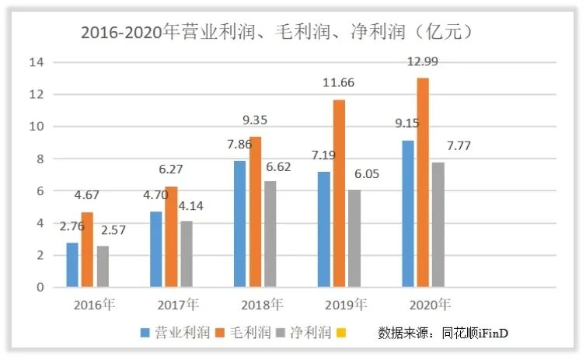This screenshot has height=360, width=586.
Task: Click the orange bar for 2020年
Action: tap(423, 183)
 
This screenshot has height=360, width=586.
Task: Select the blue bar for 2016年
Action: tap(72, 265)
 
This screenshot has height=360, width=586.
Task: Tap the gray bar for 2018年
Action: tap(270, 234)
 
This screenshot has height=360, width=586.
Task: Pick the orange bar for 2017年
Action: tap(171, 237)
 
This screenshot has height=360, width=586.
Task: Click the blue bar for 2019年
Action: tap(323, 229)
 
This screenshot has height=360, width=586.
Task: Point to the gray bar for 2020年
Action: tap(438, 225)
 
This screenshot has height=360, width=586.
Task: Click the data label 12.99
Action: tap(424, 63)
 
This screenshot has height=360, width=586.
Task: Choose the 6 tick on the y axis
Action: tap(40, 191)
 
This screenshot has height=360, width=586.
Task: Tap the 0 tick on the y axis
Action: tap(40, 288)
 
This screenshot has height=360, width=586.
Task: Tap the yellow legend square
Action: tap(339, 334)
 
